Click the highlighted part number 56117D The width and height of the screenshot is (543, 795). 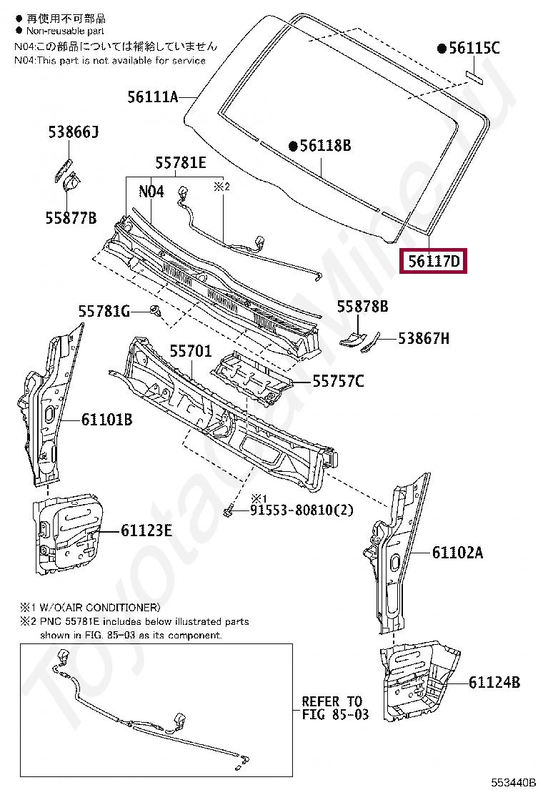[434, 261]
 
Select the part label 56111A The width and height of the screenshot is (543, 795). [152, 97]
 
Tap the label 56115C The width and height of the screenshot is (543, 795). [474, 49]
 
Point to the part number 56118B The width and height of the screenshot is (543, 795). [325, 146]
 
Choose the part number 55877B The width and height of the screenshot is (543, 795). [71, 218]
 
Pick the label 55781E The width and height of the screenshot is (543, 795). [181, 163]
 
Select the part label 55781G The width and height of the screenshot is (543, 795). [104, 311]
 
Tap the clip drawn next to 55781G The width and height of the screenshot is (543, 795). [154, 311]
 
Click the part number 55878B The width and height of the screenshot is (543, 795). [362, 306]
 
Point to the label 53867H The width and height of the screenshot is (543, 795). [424, 339]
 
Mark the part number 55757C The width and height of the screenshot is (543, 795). [337, 382]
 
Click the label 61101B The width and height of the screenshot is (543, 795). [106, 420]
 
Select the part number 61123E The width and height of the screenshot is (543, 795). [146, 530]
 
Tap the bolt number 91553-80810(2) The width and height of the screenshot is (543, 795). [302, 510]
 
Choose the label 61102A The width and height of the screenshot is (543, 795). [457, 552]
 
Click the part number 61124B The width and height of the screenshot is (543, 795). [494, 682]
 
